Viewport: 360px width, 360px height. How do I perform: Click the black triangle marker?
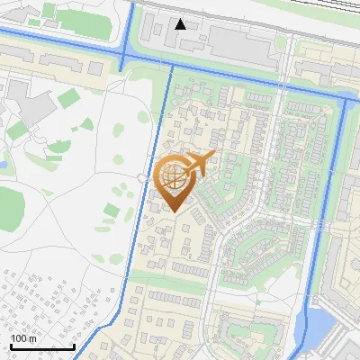(181, 24)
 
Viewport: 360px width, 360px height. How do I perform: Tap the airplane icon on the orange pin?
(198, 163)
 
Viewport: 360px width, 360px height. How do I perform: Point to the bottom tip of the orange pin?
(175, 211)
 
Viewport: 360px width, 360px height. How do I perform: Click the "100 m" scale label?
(23, 338)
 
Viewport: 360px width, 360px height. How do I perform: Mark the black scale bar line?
(42, 346)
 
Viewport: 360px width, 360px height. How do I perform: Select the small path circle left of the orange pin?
(143, 179)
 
